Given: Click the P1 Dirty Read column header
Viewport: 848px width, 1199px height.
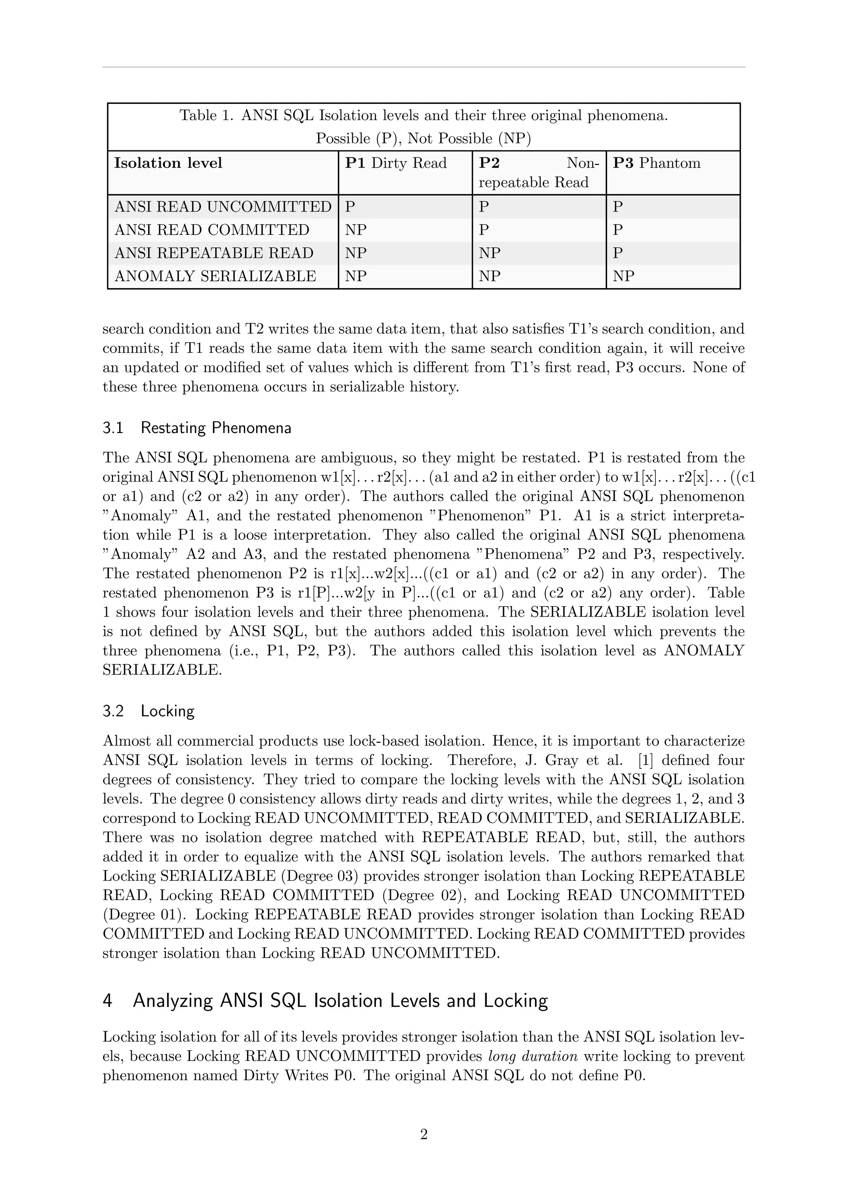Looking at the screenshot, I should (396, 164).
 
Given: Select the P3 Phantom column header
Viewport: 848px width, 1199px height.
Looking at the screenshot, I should (656, 164).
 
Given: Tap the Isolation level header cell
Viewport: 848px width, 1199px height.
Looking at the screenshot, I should (168, 164).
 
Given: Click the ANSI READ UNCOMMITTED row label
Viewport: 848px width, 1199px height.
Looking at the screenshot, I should (223, 207).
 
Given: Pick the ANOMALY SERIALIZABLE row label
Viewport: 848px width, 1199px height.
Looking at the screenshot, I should (215, 276).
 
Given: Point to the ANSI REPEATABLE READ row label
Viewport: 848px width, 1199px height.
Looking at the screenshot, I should (214, 253).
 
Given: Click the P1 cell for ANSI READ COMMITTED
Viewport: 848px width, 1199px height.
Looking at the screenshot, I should (356, 230).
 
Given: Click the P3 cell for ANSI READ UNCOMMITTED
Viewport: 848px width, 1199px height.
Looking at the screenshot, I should (618, 207).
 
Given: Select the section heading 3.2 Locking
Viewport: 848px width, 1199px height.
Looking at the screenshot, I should (148, 711).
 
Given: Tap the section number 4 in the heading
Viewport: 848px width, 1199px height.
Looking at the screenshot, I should (108, 1001).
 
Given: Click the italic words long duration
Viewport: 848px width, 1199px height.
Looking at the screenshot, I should (532, 1057).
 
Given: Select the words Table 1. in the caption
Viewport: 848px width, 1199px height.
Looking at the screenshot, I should (207, 116).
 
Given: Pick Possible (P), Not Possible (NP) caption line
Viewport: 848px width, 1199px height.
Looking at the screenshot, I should (424, 139).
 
